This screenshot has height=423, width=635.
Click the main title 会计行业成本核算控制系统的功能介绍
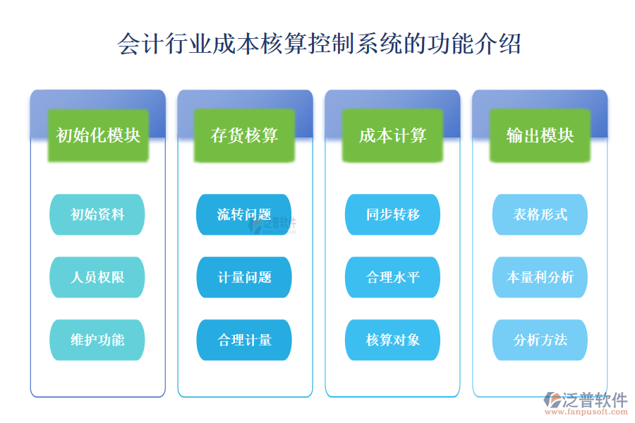319,44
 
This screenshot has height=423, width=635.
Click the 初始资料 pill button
97,214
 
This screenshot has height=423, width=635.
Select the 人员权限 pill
97,277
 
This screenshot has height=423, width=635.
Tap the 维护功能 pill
97,340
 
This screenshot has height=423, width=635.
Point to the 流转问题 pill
244,214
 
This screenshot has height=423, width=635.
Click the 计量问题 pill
244,277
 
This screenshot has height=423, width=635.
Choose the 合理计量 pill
244,340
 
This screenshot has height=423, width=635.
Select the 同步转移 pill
392,214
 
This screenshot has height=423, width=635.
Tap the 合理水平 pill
392,277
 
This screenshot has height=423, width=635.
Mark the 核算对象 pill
392,340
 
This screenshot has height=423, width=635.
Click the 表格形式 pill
540,214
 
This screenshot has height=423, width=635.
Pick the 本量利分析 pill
540,277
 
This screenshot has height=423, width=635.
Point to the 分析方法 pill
540,340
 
